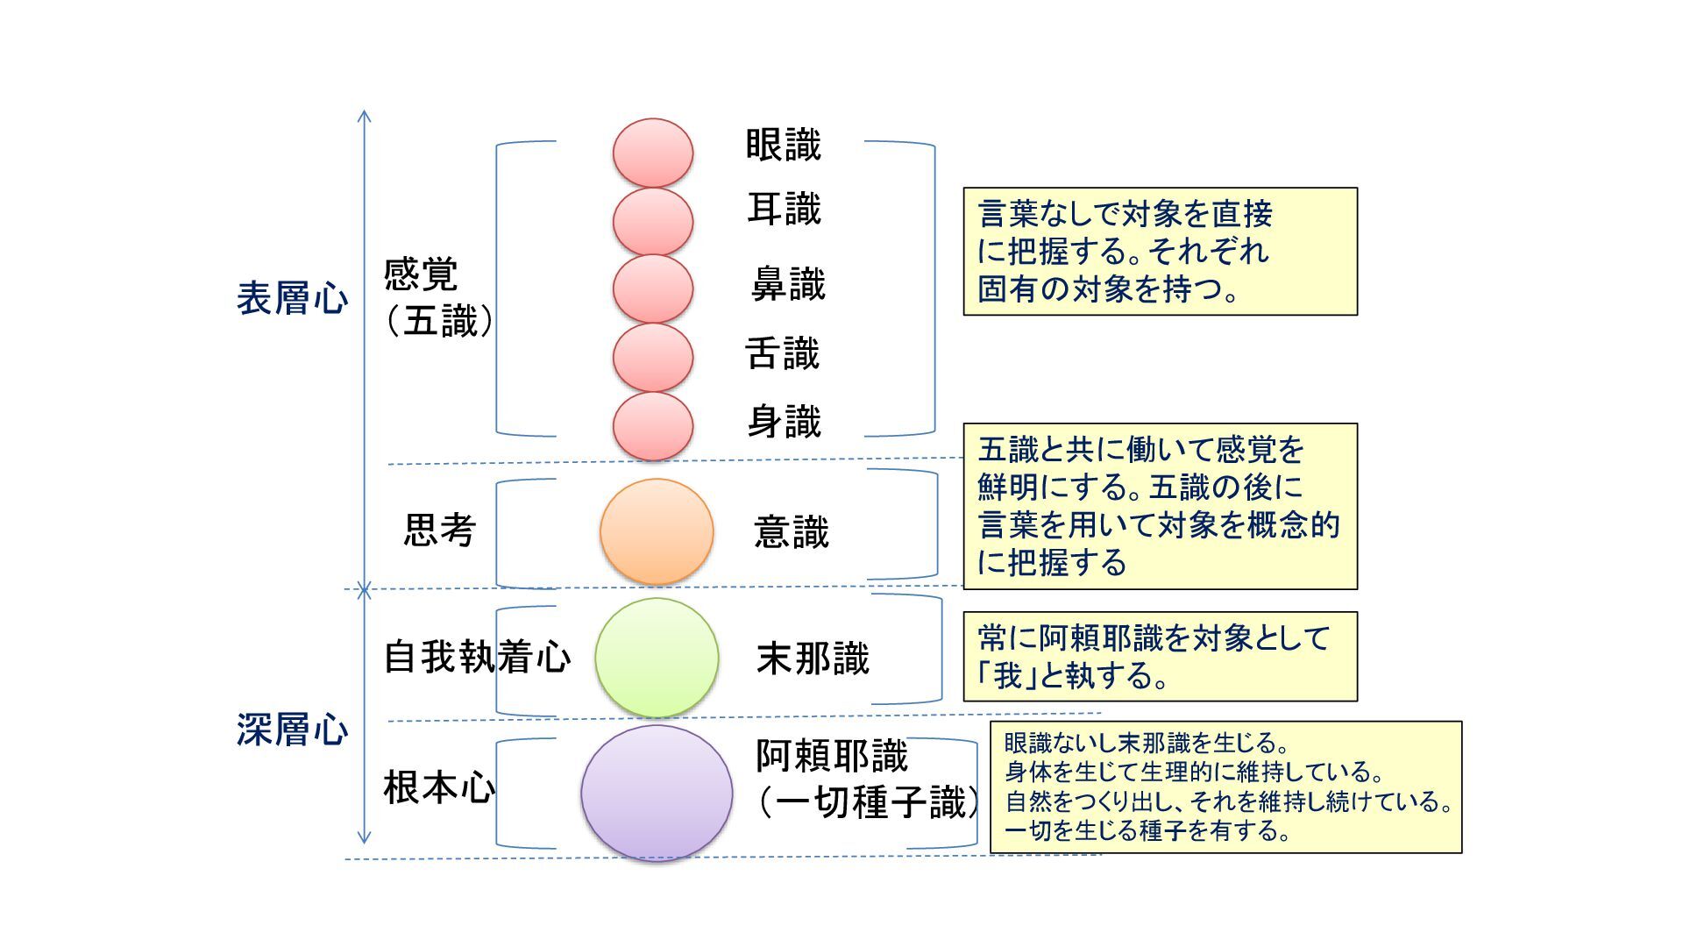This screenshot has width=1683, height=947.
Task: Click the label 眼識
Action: coord(783,146)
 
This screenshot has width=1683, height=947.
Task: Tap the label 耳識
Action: coord(784,210)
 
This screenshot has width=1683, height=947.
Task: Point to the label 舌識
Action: coord(782,354)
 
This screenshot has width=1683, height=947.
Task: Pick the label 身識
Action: coord(784,422)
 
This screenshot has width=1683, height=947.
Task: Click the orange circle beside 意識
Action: coord(657,531)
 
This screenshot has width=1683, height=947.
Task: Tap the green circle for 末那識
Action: coord(657,658)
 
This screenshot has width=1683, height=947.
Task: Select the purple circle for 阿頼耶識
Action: coord(657,793)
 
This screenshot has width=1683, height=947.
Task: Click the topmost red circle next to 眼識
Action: coord(653,153)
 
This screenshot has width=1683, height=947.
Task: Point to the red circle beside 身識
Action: coord(653,426)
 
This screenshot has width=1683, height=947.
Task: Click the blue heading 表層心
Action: coord(292,299)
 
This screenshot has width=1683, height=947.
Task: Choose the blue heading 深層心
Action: coord(292,730)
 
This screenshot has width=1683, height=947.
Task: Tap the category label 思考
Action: coord(439,530)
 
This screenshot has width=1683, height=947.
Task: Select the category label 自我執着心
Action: coord(477,657)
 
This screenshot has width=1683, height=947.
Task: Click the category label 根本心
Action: coord(439,787)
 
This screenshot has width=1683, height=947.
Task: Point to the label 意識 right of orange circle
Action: coord(791,532)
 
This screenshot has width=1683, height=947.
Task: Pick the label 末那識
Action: coord(813,659)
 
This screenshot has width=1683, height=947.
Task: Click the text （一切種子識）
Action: coord(868,802)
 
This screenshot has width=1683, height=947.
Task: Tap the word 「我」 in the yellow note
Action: coord(1008,676)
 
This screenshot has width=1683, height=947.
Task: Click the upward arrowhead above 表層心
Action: coord(365,116)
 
